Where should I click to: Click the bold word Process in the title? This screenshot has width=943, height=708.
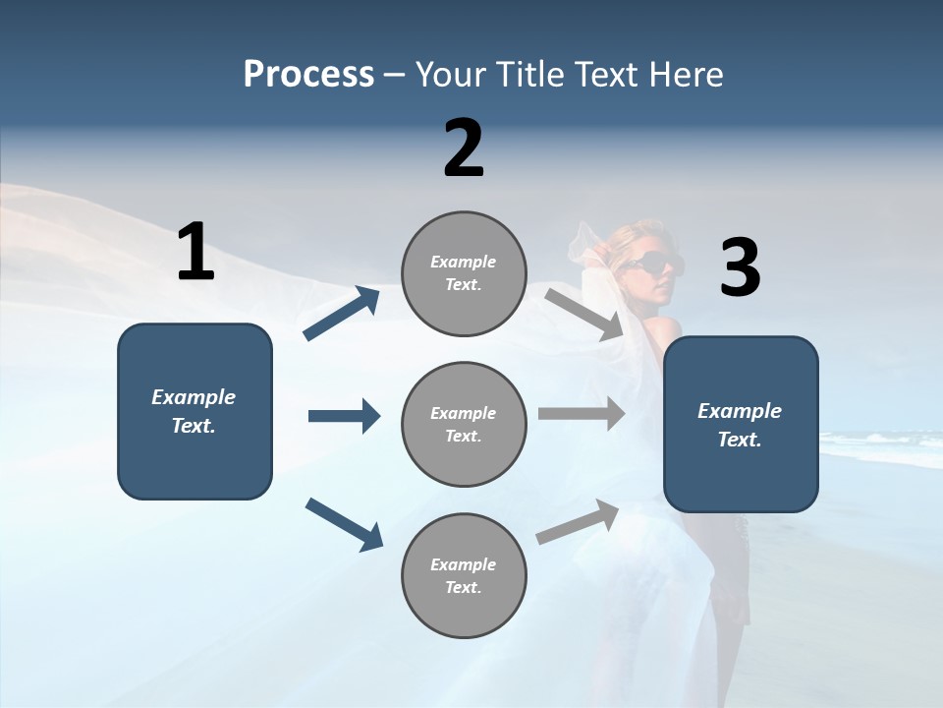click(308, 75)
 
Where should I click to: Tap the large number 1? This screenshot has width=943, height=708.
click(195, 252)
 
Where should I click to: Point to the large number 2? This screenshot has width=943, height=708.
click(464, 148)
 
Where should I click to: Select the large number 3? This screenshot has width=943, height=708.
click(740, 267)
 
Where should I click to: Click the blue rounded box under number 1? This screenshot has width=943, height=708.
click(194, 411)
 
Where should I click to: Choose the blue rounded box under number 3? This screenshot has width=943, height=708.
click(741, 425)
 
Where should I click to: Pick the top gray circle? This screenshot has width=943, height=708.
click(464, 273)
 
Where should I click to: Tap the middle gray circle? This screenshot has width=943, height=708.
click(464, 425)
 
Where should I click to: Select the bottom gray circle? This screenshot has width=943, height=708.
click(464, 576)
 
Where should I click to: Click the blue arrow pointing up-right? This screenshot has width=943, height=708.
click(342, 314)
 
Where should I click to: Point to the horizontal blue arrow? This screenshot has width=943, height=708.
click(344, 416)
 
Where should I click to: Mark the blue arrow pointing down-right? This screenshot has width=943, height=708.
click(344, 523)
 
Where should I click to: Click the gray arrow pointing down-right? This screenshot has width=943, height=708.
click(584, 314)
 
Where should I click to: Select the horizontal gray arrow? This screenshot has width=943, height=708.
click(582, 414)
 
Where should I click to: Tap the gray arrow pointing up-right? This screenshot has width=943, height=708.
click(579, 521)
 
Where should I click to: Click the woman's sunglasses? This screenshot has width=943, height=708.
click(650, 264)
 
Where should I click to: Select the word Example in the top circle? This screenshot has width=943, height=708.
click(464, 262)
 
